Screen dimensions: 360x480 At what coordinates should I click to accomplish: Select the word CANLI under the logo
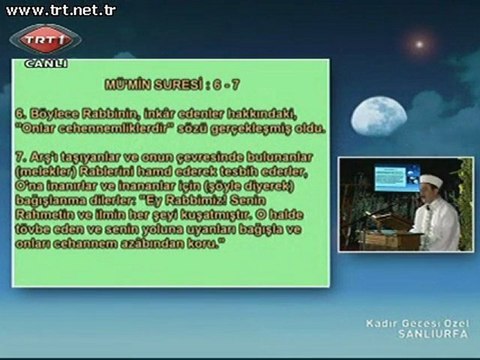click(46, 63)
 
